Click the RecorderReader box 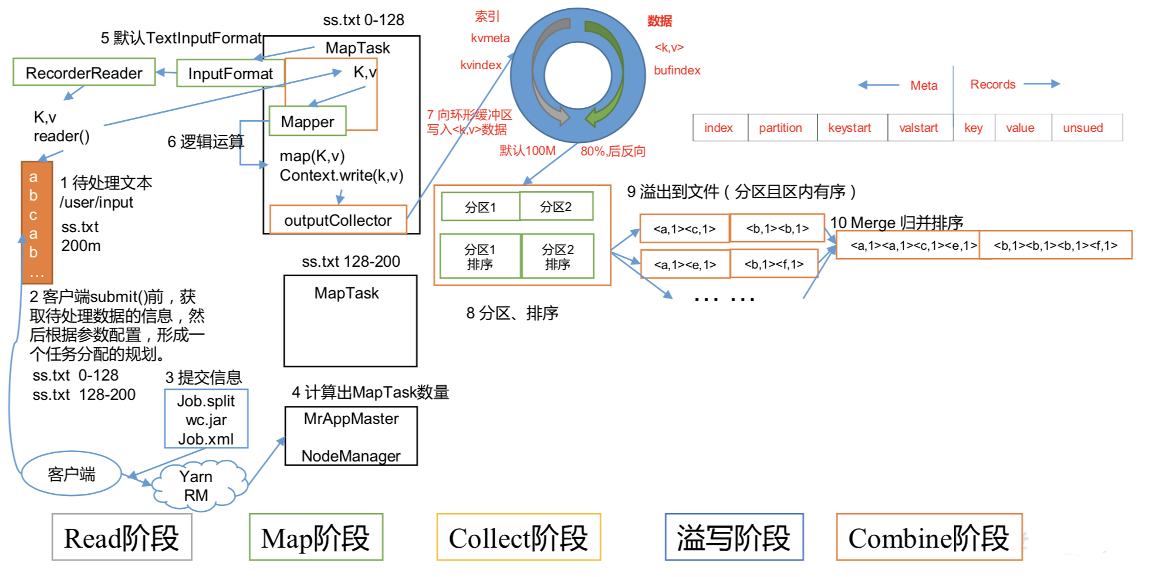pos(84,73)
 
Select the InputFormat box pos(230,74)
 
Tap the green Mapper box pos(307,121)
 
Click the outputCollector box pos(337,220)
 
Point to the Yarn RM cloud pos(196,486)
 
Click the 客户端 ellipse pos(71,474)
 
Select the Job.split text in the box pos(206,402)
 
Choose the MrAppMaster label pos(351,419)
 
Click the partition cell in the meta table pos(780,128)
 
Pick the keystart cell pos(849,128)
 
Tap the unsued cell pos(1083,128)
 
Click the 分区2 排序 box pos(557,257)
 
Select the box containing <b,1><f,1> pos(773,264)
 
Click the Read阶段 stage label pos(121,538)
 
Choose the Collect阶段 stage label pos(518,538)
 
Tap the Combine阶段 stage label pos(928,538)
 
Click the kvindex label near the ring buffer pos(481,65)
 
